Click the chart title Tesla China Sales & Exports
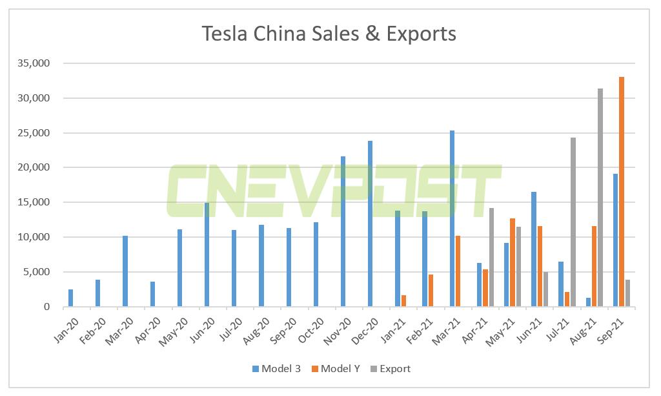[329, 34]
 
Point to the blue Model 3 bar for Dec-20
[370, 224]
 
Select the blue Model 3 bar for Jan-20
[70, 298]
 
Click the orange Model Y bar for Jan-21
[403, 301]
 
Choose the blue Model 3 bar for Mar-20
[125, 271]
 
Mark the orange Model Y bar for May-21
[512, 262]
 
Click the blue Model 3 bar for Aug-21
[589, 302]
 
